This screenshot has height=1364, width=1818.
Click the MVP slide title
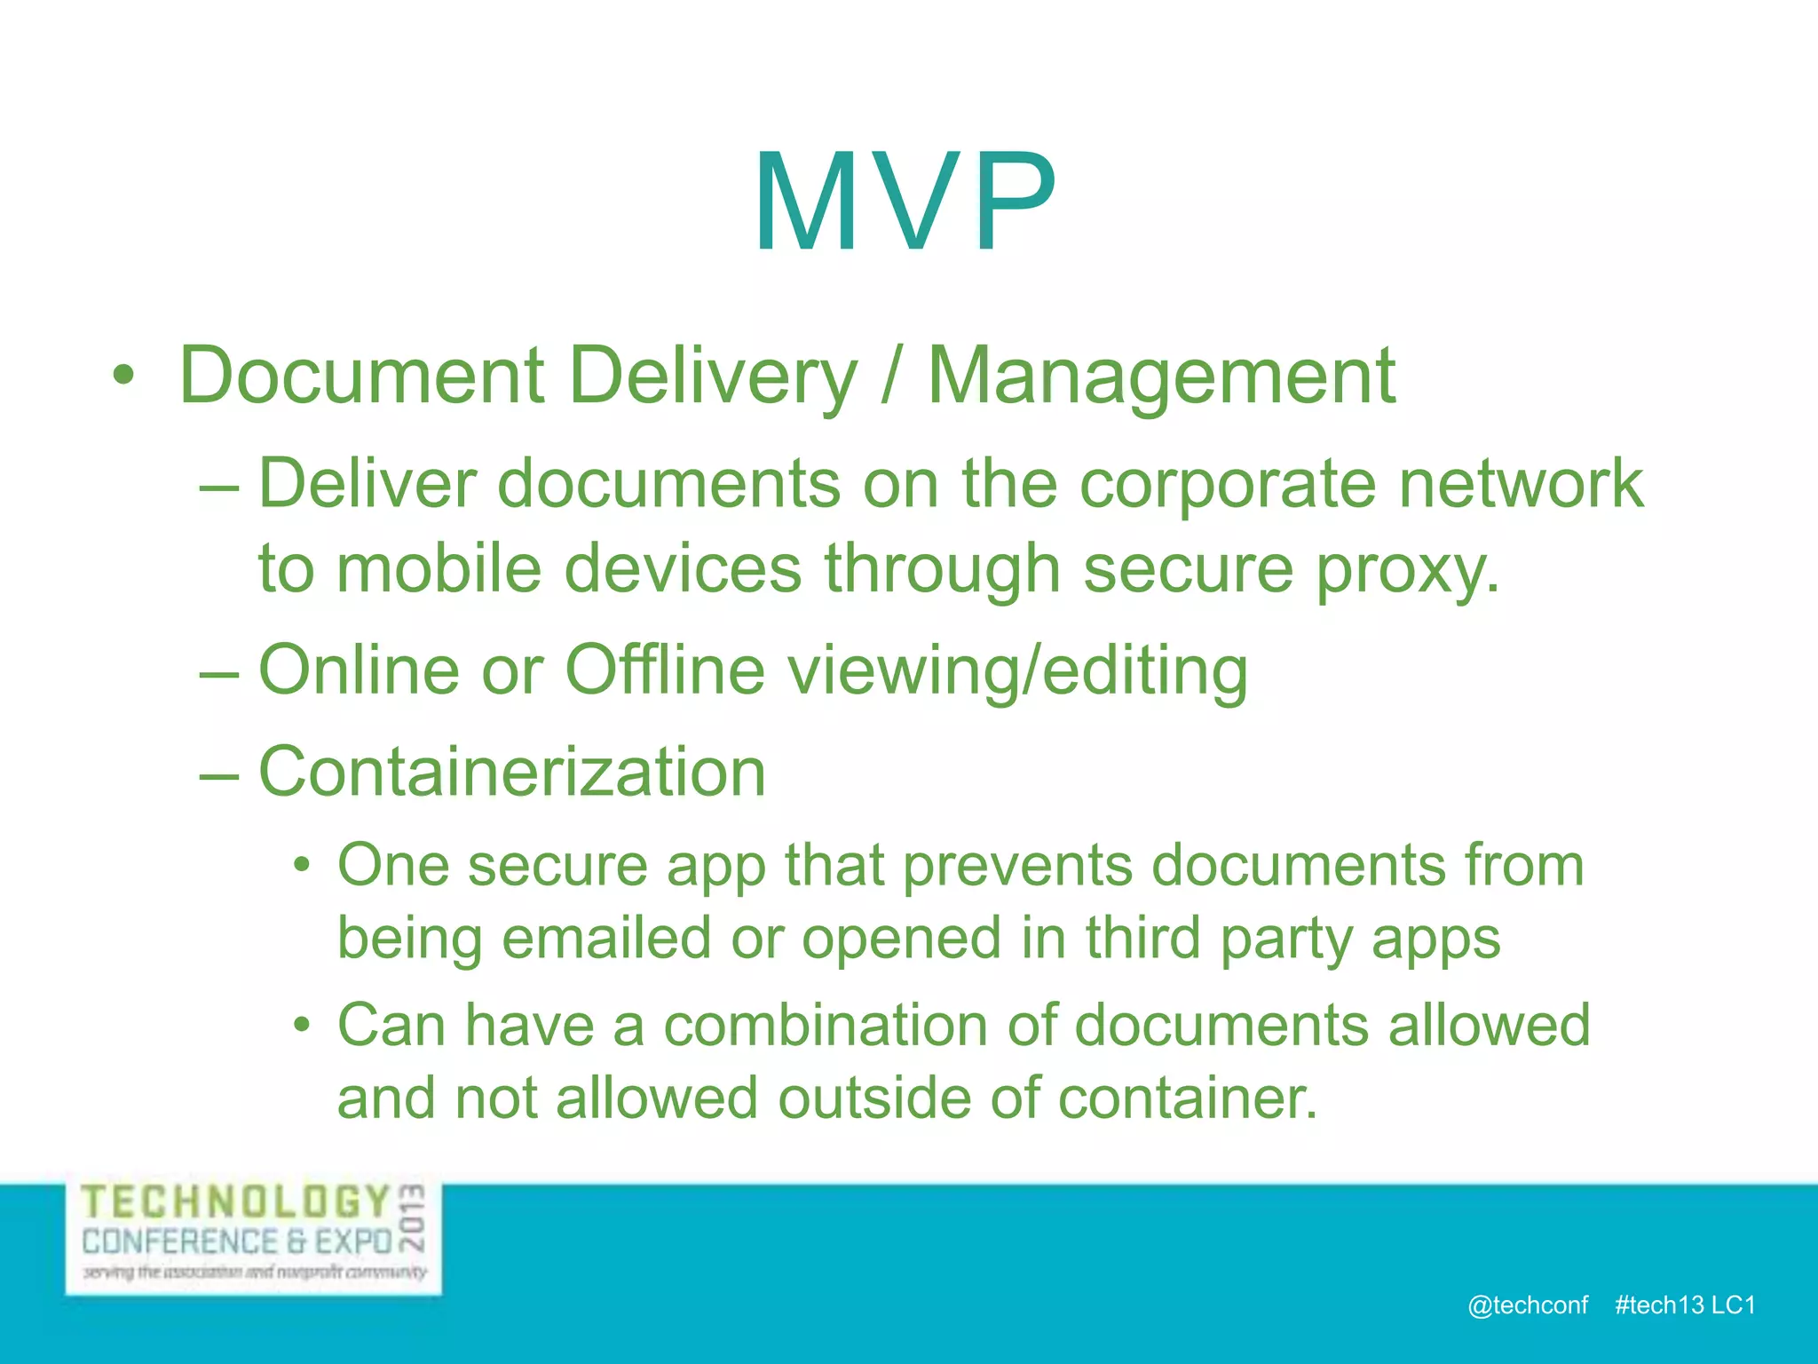[x=905, y=202]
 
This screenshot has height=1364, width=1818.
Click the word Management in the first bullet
[x=1161, y=377]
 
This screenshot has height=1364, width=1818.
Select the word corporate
[x=1227, y=485]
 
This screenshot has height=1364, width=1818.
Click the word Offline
[x=664, y=670]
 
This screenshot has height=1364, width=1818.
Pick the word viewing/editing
[x=1018, y=671]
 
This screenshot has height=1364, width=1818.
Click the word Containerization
[x=511, y=772]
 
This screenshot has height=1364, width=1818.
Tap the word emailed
[x=606, y=939]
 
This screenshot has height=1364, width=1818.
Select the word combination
[x=824, y=1026]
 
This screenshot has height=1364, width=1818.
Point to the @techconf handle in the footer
[x=1527, y=1305]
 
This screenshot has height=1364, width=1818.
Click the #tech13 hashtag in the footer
[x=1658, y=1305]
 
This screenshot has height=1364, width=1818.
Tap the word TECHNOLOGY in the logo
[x=236, y=1202]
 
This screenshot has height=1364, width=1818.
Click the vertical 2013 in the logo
[x=413, y=1217]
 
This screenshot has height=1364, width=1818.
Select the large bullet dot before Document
[x=124, y=377]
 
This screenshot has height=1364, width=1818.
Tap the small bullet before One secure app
[x=302, y=865]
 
